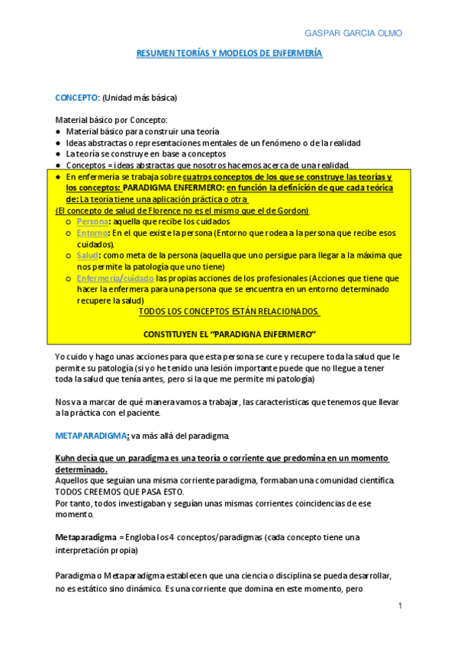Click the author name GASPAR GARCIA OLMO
click(353, 34)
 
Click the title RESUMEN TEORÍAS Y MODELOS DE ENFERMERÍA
click(229, 53)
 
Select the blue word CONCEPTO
click(76, 98)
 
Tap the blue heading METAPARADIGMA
click(91, 435)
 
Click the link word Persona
click(92, 221)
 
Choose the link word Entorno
click(92, 233)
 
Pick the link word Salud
click(88, 256)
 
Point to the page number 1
click(399, 605)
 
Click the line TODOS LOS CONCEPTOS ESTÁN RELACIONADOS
click(229, 312)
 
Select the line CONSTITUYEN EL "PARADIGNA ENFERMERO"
click(229, 335)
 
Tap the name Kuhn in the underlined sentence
click(66, 458)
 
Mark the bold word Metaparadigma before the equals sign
click(85, 538)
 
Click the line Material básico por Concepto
click(111, 121)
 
